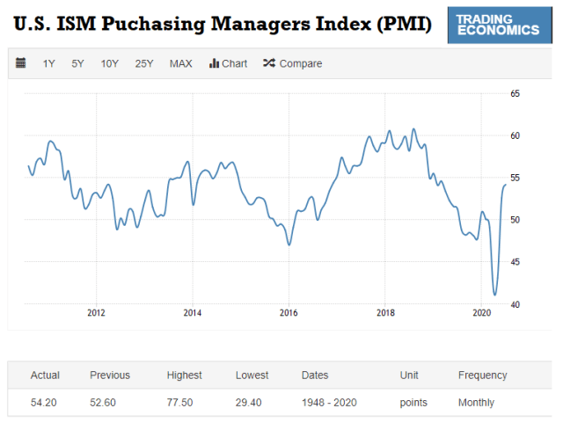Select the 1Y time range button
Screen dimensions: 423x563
pyautogui.click(x=49, y=63)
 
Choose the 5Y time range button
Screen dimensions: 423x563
pyautogui.click(x=78, y=63)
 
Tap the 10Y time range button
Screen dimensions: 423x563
pyautogui.click(x=109, y=63)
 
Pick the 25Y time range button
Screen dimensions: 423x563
pyautogui.click(x=144, y=63)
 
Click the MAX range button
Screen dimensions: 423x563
pyautogui.click(x=181, y=63)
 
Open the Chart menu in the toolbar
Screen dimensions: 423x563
pyautogui.click(x=228, y=63)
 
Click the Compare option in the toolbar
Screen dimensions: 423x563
pyautogui.click(x=293, y=63)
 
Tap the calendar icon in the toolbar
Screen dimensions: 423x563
pyautogui.click(x=21, y=63)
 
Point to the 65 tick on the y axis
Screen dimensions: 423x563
pyautogui.click(x=515, y=93)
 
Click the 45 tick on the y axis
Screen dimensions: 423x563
pyautogui.click(x=515, y=262)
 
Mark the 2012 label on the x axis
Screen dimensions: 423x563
pyautogui.click(x=96, y=313)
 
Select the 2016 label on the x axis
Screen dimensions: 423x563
pyautogui.click(x=289, y=313)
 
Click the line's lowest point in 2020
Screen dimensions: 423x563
pyautogui.click(x=494, y=295)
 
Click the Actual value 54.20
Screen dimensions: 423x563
pyautogui.click(x=45, y=403)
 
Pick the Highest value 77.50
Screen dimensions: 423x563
pyautogui.click(x=184, y=403)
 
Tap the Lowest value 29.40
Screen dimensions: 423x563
pyautogui.click(x=252, y=403)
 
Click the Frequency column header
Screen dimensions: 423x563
pyautogui.click(x=482, y=376)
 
